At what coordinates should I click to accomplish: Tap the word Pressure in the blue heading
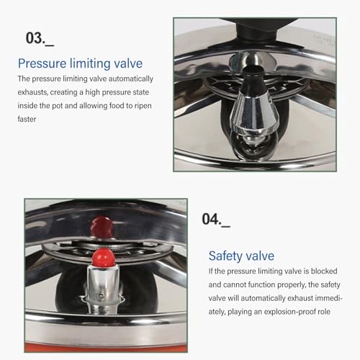pyautogui.click(x=42, y=63)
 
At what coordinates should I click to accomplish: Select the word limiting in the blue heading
pyautogui.click(x=90, y=64)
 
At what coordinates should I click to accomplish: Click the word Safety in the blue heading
pyautogui.click(x=225, y=256)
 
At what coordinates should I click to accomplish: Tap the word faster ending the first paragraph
pyautogui.click(x=27, y=119)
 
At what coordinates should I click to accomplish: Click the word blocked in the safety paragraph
pyautogui.click(x=324, y=271)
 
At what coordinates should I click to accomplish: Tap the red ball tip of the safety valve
pyautogui.click(x=103, y=256)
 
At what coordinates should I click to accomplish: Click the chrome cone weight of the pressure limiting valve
pyautogui.click(x=253, y=114)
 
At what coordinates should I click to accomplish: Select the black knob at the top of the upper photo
pyautogui.click(x=257, y=29)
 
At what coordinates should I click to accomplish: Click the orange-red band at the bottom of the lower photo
pyautogui.click(x=106, y=347)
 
